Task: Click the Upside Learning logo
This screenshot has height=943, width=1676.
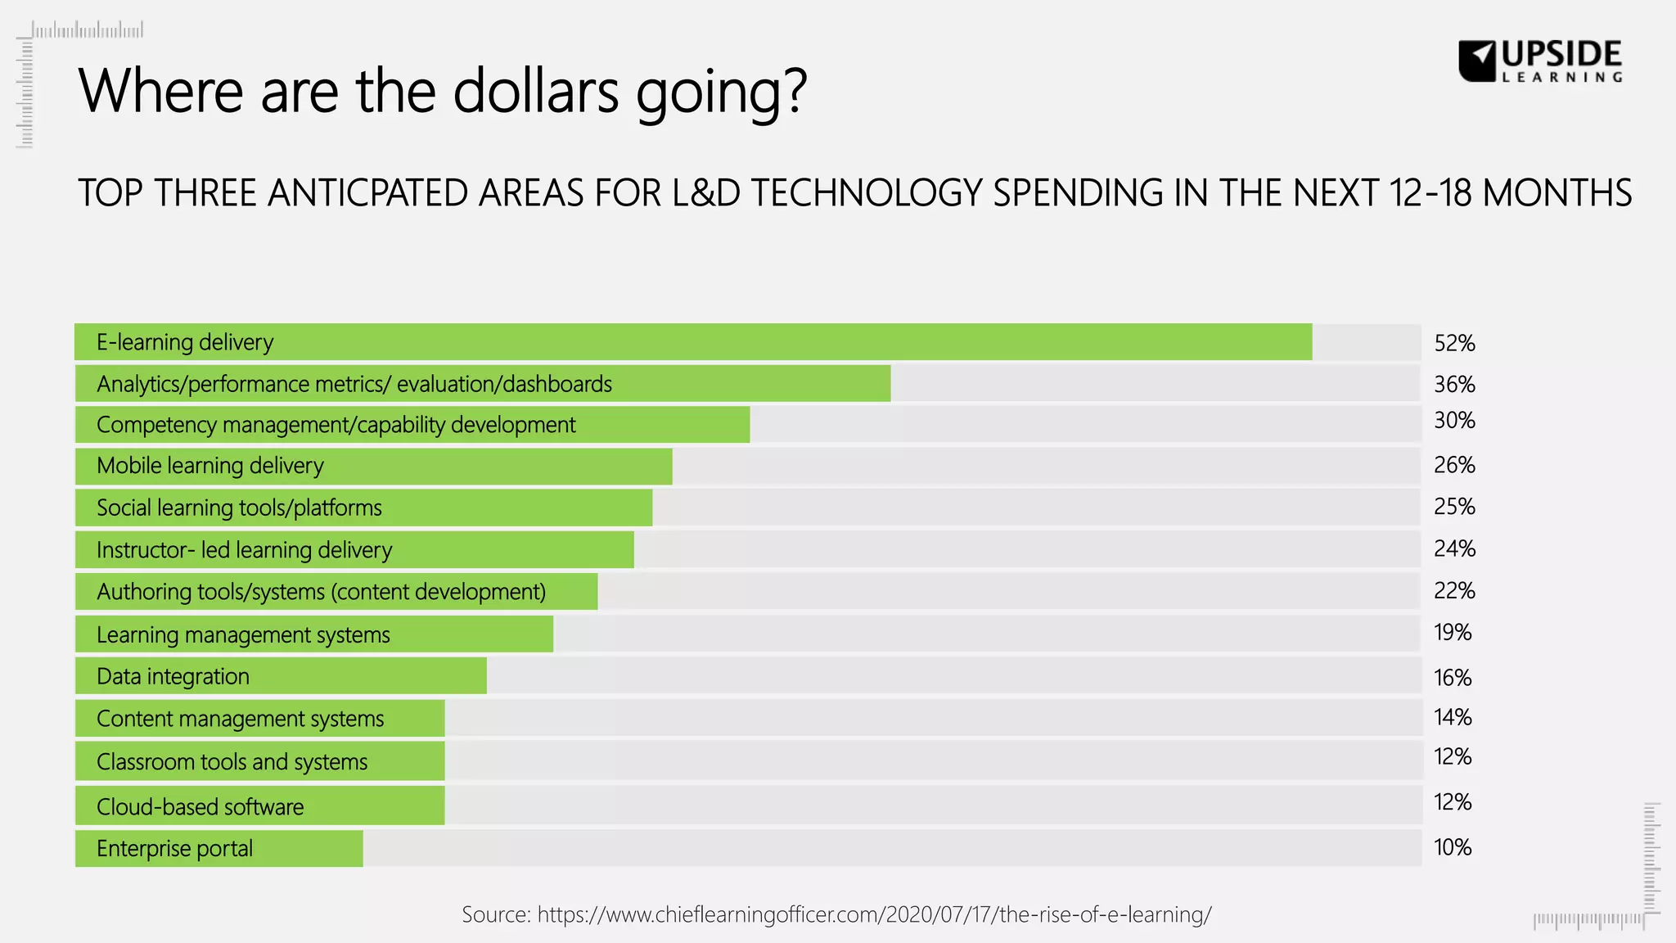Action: (x=1540, y=61)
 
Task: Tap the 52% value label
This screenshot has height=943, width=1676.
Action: (x=1454, y=343)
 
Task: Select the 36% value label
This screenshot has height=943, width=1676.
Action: (x=1454, y=384)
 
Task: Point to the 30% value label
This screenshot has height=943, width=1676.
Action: (x=1454, y=421)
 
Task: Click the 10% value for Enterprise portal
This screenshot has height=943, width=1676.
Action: (x=1453, y=847)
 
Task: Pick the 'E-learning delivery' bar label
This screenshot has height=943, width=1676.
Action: (x=185, y=342)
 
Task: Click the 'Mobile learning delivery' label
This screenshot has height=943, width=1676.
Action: (x=210, y=466)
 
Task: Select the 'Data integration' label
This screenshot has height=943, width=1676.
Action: (x=173, y=677)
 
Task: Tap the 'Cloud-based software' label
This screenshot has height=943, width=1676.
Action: (x=200, y=807)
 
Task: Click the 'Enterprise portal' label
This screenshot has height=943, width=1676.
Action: (x=174, y=849)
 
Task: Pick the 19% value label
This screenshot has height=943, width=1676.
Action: (x=1453, y=633)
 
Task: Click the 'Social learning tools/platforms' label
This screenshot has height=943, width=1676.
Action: (x=239, y=508)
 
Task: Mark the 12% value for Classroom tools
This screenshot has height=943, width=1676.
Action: (x=1453, y=757)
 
